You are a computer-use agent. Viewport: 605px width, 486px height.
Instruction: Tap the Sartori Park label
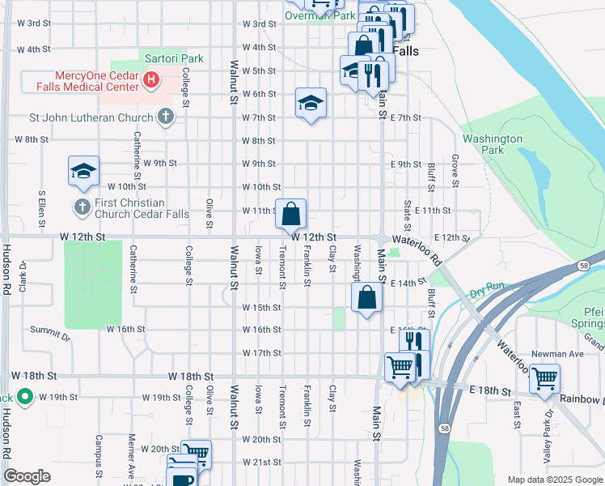click(174, 58)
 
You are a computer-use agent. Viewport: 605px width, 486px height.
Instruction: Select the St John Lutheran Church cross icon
click(165, 117)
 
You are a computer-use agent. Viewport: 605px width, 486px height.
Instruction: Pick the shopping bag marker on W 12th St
click(291, 215)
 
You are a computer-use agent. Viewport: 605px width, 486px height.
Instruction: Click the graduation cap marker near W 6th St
click(311, 103)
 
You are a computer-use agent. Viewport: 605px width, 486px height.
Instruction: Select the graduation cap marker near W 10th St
click(83, 172)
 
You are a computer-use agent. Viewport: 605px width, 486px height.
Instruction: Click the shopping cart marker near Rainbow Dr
click(545, 378)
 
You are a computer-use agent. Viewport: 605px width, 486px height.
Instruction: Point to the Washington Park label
click(493, 144)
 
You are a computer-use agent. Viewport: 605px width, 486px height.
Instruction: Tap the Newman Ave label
click(557, 354)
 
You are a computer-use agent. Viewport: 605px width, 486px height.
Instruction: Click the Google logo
click(27, 476)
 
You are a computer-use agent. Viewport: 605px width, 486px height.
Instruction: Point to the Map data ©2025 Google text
click(554, 480)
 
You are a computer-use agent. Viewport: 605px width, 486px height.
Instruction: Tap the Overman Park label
click(320, 15)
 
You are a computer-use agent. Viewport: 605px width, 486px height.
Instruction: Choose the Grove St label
click(455, 172)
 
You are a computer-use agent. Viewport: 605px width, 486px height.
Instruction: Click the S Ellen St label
click(41, 208)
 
